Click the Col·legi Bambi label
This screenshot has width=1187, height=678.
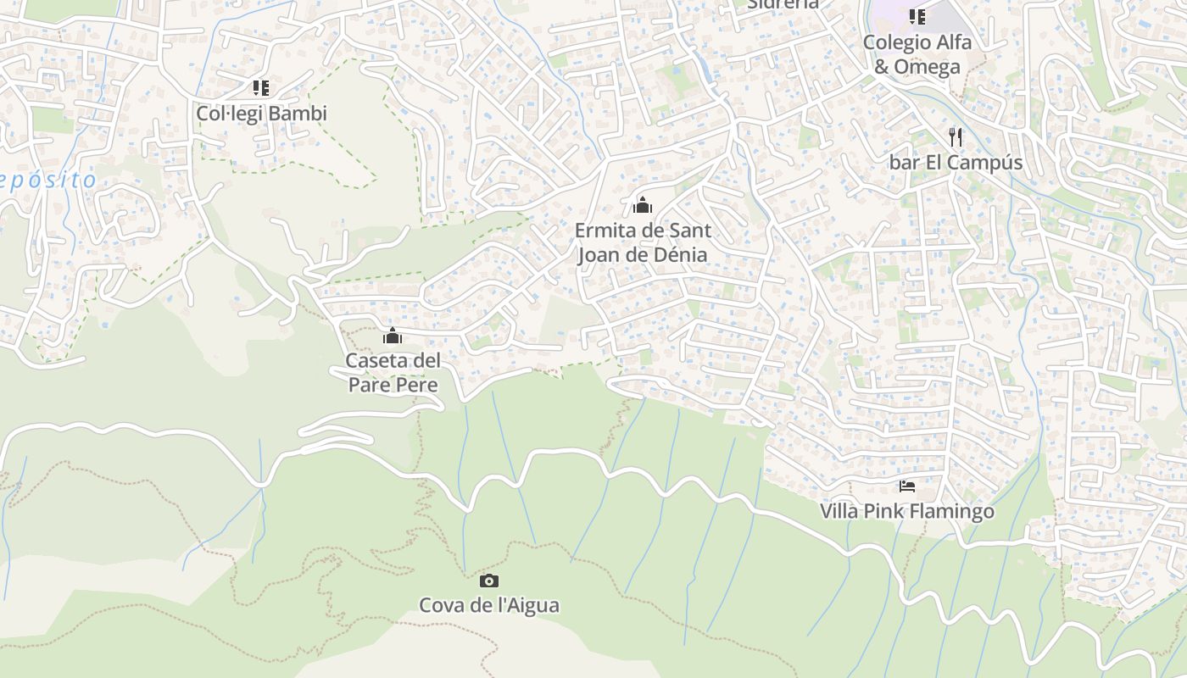261,113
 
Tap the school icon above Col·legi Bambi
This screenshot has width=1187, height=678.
261,87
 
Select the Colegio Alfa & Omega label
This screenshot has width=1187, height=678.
917,54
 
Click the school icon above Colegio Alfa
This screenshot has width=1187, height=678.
917,16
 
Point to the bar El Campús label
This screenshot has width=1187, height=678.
956,162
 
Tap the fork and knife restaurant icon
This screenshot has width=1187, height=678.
956,136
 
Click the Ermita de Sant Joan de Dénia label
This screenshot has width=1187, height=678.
643,242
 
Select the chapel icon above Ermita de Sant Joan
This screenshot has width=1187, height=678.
643,204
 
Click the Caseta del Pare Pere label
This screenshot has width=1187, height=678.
393,373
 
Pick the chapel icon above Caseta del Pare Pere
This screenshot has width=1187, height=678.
392,336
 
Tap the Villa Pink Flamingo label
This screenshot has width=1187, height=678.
906,512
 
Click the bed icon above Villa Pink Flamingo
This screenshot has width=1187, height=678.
907,486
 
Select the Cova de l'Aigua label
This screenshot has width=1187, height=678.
489,605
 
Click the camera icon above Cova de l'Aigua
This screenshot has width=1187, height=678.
489,581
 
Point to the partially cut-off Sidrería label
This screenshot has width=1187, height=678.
783,4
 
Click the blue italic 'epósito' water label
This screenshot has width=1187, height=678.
48,180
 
